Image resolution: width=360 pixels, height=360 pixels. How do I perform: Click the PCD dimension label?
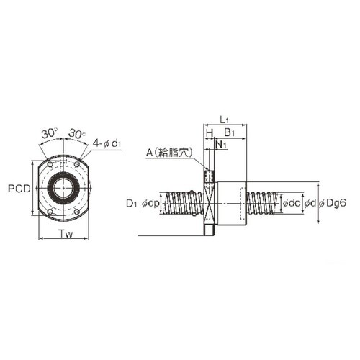click(x=19, y=189)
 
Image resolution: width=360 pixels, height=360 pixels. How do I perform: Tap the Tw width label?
click(x=66, y=234)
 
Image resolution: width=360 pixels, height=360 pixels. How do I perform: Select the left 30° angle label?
click(x=50, y=133)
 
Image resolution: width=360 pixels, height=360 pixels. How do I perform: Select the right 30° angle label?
click(x=77, y=133)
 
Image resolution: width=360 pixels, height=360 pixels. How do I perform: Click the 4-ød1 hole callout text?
click(x=107, y=143)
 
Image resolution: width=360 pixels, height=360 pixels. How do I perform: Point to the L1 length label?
click(x=225, y=120)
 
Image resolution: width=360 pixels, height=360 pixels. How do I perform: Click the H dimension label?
click(x=210, y=132)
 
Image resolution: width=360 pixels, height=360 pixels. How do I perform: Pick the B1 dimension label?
click(x=229, y=132)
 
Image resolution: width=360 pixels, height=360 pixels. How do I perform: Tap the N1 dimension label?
click(x=221, y=145)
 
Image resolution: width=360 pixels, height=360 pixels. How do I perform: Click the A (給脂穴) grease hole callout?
click(x=169, y=153)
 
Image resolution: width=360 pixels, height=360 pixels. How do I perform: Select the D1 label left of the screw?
click(x=132, y=204)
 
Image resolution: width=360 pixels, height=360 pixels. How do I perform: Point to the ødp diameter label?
click(x=150, y=204)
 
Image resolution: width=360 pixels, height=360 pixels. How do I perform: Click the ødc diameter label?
click(x=292, y=204)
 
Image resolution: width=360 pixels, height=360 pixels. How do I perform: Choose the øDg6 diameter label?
click(x=333, y=204)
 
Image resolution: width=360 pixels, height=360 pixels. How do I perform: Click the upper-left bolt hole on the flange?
click(x=50, y=165)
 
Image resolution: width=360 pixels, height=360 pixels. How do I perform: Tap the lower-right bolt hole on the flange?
click(x=77, y=212)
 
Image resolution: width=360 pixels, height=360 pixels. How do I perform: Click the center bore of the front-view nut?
click(x=63, y=188)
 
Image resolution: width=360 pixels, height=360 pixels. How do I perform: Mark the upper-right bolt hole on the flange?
click(x=77, y=165)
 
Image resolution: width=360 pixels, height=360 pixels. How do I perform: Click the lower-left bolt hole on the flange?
click(x=50, y=212)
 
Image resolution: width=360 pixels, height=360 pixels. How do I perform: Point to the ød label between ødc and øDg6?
click(x=310, y=204)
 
